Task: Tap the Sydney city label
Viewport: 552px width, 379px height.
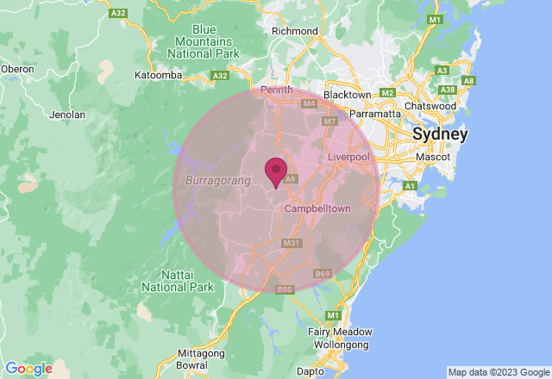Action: coord(440,134)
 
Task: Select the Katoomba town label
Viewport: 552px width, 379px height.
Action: coord(158,76)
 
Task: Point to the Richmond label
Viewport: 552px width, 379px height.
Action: coord(294,31)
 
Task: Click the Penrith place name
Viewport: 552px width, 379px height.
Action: coord(276,90)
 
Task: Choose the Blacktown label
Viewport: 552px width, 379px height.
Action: coord(346,95)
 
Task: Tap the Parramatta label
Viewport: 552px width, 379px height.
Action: coord(375,113)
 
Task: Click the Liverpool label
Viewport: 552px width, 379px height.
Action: coord(348,158)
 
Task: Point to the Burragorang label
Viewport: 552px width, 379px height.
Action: coord(217,181)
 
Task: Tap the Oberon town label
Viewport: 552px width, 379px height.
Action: coord(17,69)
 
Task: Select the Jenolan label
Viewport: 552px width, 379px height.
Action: coord(67,114)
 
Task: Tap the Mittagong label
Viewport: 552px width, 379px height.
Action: coord(200,353)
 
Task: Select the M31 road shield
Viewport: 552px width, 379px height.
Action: coord(292,244)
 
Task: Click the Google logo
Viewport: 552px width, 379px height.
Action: coord(28,369)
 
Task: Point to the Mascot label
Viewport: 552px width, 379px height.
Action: coord(433,157)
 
